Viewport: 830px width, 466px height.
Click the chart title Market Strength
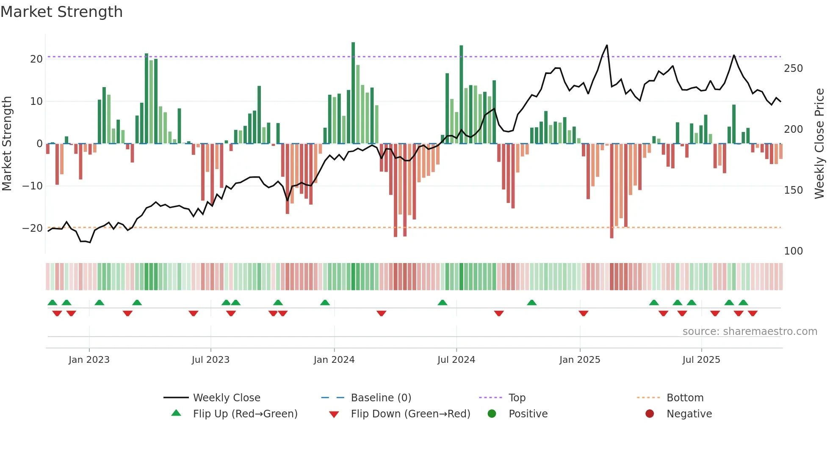point(61,12)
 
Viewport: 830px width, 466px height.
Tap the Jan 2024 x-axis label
point(334,360)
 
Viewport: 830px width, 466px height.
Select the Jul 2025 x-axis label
point(701,360)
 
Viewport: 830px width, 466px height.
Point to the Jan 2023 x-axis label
point(89,360)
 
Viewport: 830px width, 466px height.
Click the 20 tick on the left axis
point(36,59)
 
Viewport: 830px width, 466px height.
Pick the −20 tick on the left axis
point(33,228)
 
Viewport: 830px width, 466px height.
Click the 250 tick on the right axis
point(793,69)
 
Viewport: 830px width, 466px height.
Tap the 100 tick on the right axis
point(793,251)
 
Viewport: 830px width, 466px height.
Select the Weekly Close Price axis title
point(819,144)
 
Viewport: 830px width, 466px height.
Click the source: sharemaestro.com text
point(750,332)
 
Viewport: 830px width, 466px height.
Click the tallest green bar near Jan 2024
point(353,93)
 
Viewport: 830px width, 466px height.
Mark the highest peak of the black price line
point(607,45)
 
